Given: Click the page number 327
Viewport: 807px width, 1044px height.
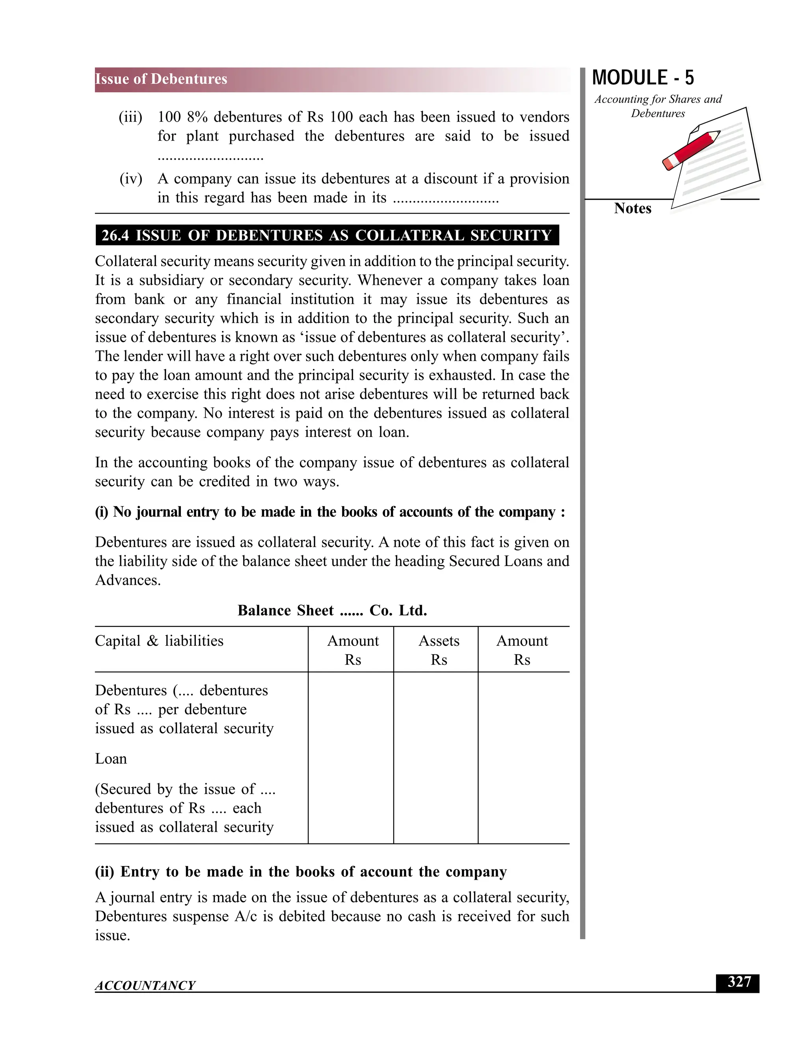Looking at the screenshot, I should [739, 982].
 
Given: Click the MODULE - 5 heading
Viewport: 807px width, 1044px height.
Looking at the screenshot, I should [643, 78].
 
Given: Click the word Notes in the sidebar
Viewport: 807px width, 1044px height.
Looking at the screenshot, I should [632, 208].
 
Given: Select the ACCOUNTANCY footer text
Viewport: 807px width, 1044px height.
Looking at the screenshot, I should [145, 985].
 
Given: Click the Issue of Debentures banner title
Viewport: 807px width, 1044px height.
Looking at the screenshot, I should [161, 79].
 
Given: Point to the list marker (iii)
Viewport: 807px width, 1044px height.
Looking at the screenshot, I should [130, 117].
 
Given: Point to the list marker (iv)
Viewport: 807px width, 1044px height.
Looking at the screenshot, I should [131, 179].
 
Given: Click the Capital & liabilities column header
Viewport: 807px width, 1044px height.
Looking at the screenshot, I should [159, 641].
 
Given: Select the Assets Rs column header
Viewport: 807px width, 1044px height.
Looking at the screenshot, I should [439, 650].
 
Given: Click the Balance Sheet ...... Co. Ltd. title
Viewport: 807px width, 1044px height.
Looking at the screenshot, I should [332, 610].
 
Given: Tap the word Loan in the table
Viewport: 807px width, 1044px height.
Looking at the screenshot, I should [111, 759].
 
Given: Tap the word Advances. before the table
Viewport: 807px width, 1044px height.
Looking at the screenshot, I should [128, 580].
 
